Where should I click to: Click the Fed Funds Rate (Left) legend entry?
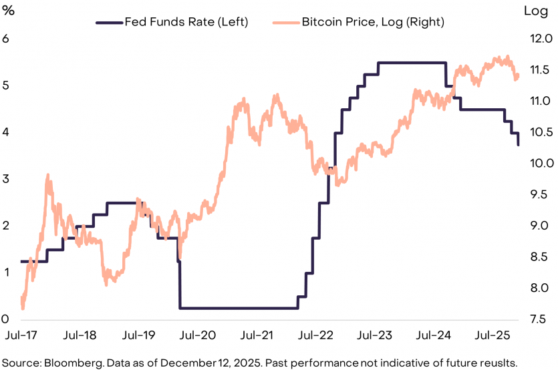point(186,22)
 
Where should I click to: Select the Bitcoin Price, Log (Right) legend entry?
point(373,22)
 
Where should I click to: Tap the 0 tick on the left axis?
point(6,319)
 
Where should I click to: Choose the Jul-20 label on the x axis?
point(198,333)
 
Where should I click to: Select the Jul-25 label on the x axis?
point(493,333)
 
